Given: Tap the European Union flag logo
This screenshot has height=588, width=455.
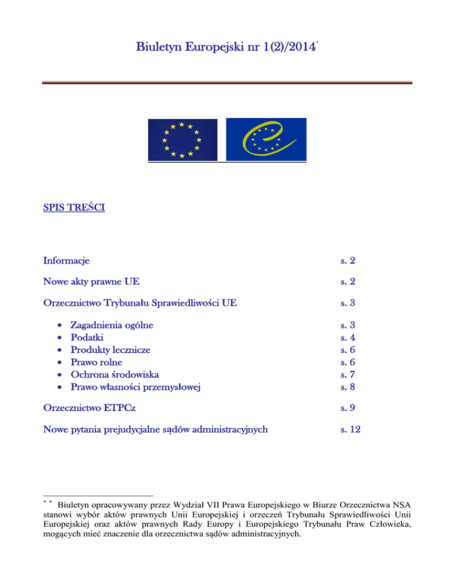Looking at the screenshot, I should coord(182,140).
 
